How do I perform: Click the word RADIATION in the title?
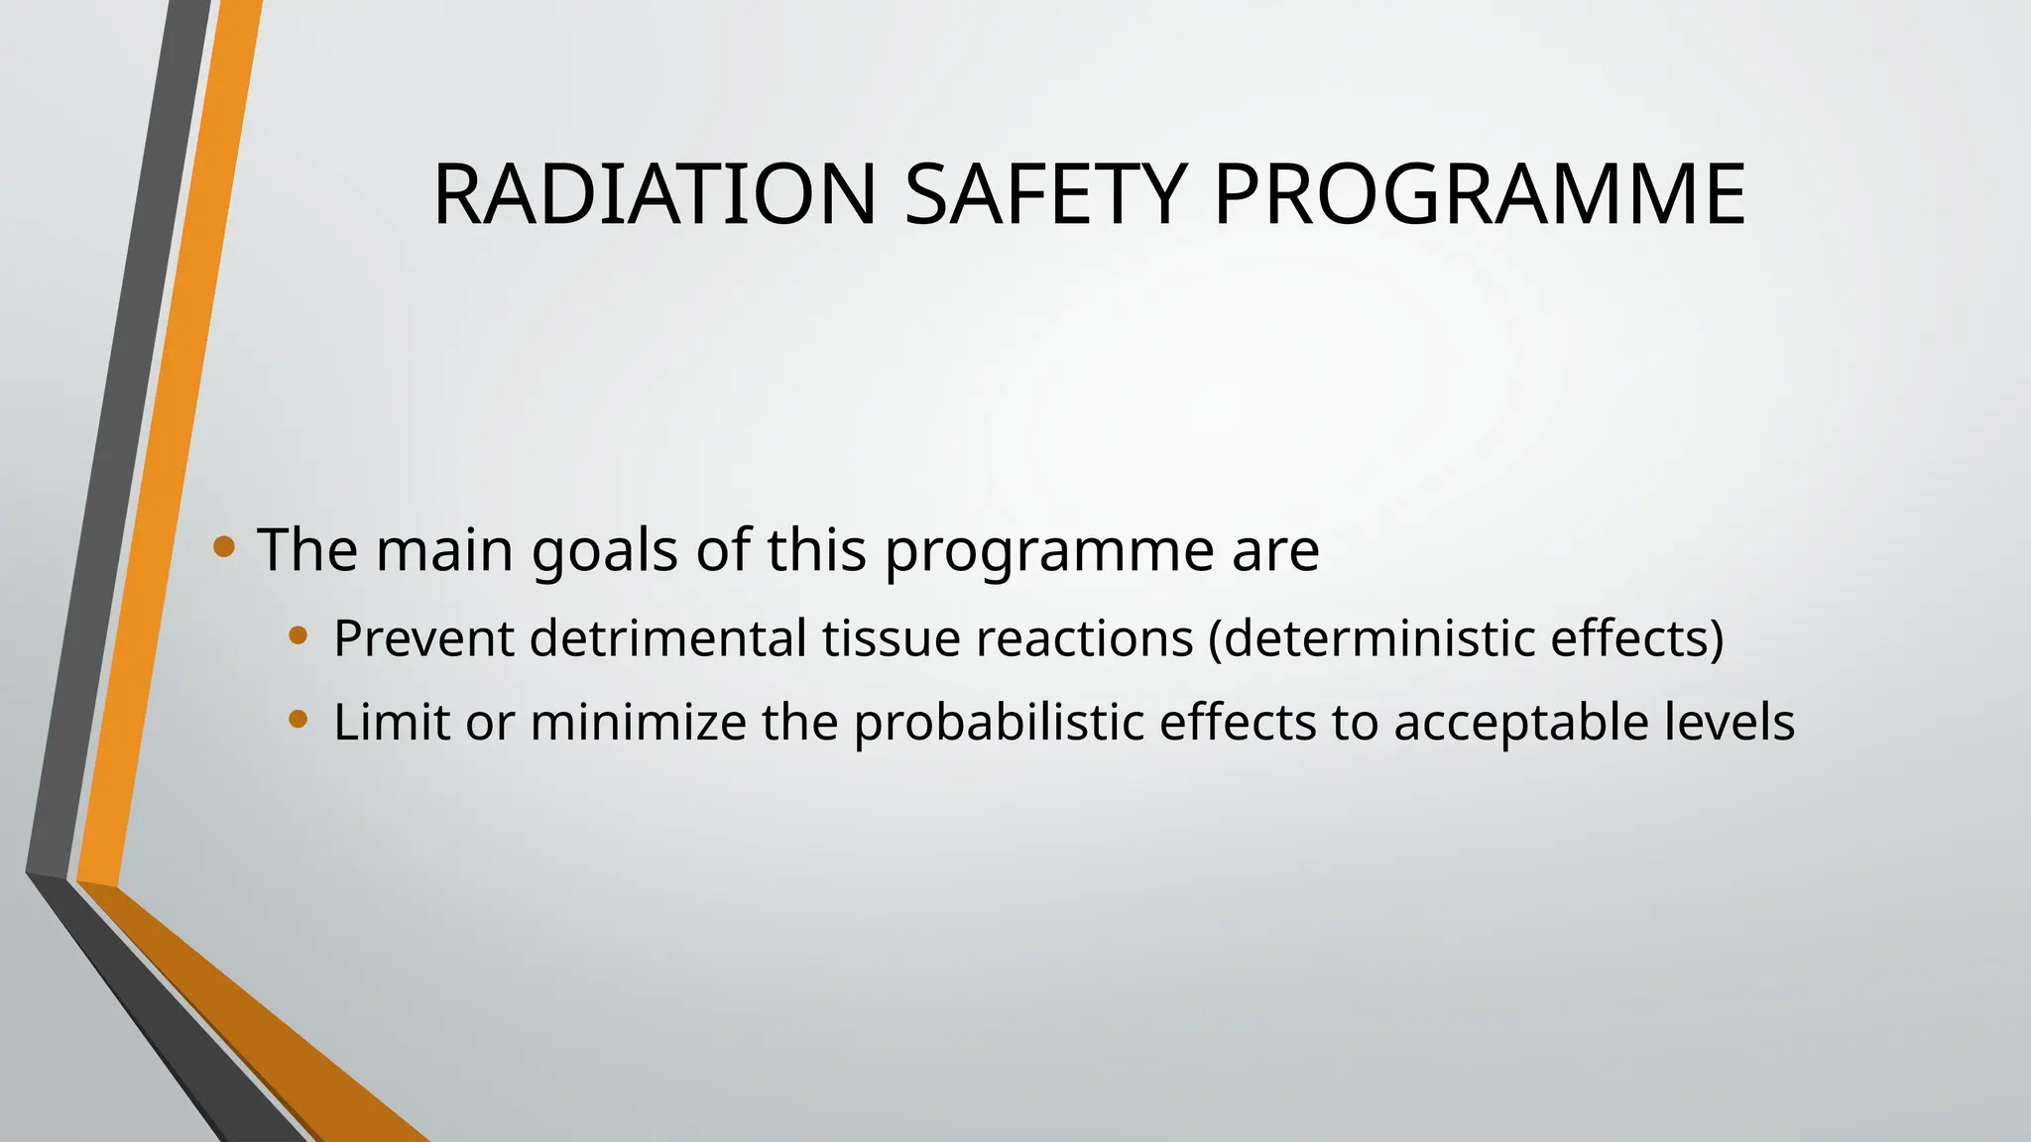pyautogui.click(x=655, y=194)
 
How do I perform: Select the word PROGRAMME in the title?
pyautogui.click(x=1479, y=194)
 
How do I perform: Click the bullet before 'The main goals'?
pyautogui.click(x=224, y=546)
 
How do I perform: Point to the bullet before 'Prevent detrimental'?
pyautogui.click(x=298, y=635)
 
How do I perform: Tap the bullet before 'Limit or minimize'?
pyautogui.click(x=298, y=719)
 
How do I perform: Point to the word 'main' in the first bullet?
pyautogui.click(x=444, y=550)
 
